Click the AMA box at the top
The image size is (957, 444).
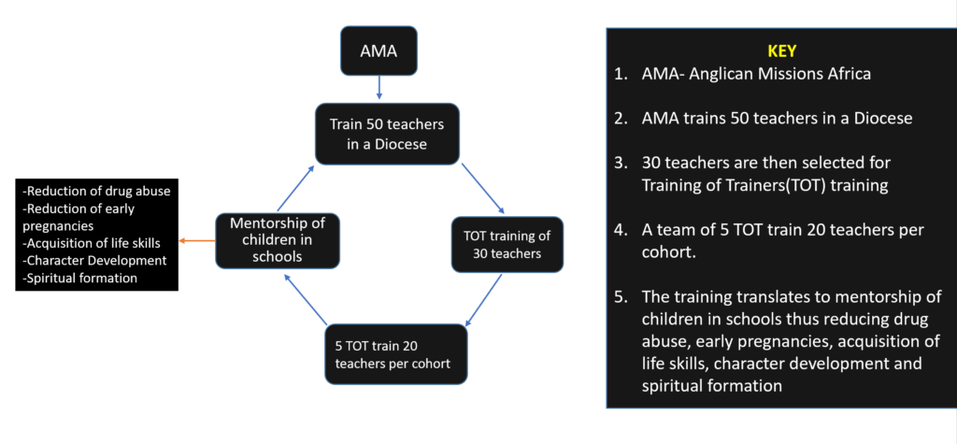click(379, 50)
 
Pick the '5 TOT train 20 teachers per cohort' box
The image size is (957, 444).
click(395, 353)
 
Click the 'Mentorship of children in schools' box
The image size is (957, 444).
click(264, 240)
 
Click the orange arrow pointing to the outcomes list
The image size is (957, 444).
click(195, 240)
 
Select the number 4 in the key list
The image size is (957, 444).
click(621, 229)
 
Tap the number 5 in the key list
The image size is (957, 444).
click(621, 296)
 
